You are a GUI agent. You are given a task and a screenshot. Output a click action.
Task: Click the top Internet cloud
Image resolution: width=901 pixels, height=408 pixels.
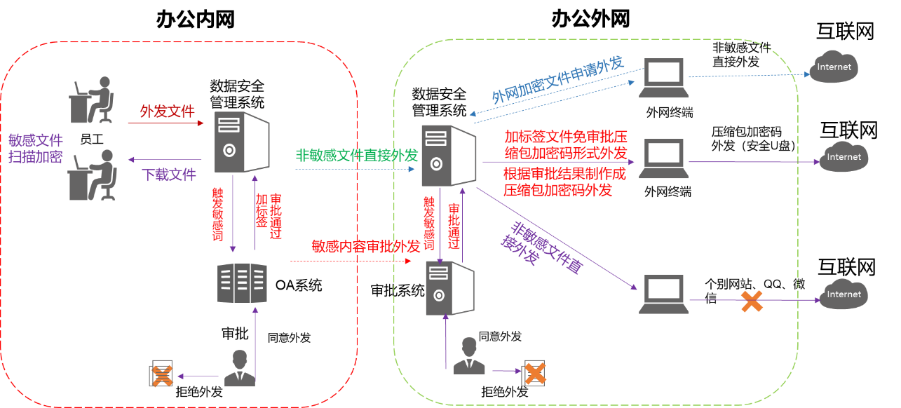[834, 67]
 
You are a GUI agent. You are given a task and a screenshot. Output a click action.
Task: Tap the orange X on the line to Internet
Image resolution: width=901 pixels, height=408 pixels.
[751, 301]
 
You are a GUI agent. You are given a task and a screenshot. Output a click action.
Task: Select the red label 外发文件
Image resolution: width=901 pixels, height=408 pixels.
[167, 111]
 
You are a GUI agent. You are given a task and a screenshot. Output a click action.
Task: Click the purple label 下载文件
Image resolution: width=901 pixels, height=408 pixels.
[169, 175]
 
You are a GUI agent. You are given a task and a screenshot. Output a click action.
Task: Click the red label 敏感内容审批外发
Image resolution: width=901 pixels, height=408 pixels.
[365, 246]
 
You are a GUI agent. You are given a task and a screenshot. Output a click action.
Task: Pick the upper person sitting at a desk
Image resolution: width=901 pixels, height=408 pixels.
[92, 100]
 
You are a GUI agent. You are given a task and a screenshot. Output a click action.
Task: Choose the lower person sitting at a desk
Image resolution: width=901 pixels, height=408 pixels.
[92, 175]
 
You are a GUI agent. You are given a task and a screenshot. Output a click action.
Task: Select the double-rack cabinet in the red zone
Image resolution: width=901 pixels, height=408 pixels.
[242, 283]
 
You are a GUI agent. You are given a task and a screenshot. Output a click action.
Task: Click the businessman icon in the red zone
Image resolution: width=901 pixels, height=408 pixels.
[240, 368]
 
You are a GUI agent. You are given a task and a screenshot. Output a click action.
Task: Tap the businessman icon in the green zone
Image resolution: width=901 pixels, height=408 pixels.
[469, 356]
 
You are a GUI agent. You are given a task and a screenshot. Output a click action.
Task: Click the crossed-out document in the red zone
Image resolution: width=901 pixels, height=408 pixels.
[162, 376]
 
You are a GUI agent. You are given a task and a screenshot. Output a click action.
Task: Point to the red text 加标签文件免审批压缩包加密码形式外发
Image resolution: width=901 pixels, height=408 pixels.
[565, 144]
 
